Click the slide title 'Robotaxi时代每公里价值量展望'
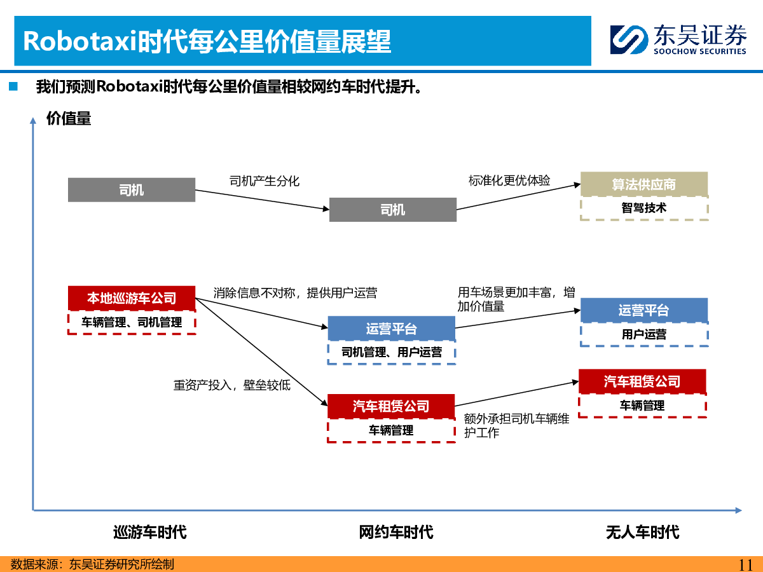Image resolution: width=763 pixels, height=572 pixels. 207,41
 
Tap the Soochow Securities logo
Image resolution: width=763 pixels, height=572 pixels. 678,39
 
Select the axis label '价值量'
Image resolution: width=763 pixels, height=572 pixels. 69,118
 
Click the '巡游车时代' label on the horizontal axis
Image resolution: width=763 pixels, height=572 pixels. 149,532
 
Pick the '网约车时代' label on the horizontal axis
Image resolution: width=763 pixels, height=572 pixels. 395,532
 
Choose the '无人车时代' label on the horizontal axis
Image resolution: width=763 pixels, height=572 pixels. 642,532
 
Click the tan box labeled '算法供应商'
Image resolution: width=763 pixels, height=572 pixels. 644,184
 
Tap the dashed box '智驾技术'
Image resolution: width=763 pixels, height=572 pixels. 644,208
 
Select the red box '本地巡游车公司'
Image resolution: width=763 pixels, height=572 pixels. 132,298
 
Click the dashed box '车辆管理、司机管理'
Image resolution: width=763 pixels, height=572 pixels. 132,323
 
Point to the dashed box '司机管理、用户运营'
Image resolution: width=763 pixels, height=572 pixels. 392,352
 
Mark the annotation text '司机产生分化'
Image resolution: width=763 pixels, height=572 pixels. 265,181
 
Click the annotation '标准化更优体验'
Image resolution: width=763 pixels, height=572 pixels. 509,180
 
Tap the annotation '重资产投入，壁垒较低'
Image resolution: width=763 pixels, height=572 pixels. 232,385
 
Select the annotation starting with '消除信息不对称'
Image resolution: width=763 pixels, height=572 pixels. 295,293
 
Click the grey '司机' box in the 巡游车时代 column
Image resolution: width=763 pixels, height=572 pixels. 132,190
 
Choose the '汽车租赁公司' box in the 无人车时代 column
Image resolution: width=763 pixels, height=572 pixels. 642,381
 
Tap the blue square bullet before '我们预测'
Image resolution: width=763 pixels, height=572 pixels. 13,86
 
